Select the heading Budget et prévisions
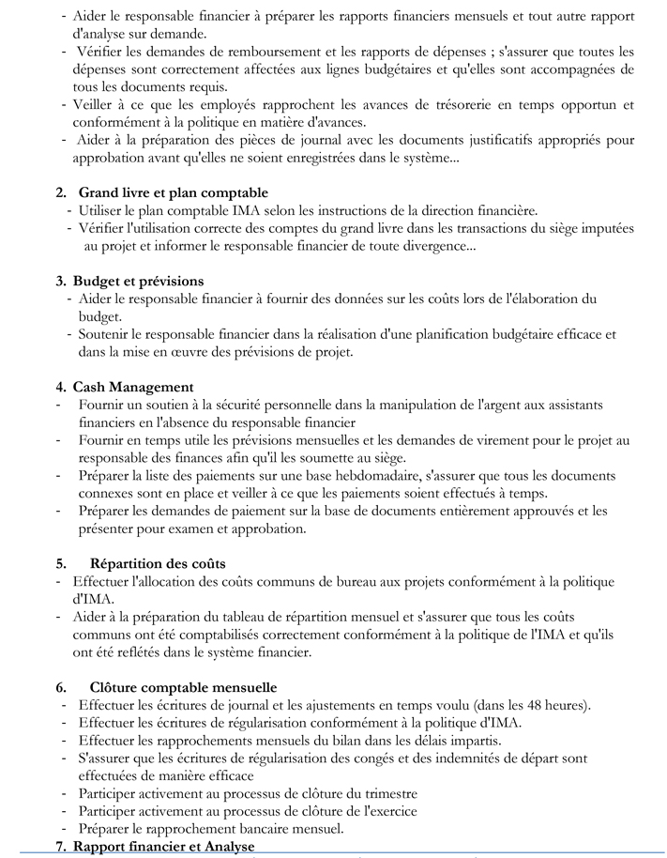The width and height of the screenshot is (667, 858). (138, 282)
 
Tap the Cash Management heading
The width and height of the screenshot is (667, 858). (133, 387)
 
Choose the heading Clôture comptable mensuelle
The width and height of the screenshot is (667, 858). (183, 688)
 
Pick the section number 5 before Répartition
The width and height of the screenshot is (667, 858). (61, 564)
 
